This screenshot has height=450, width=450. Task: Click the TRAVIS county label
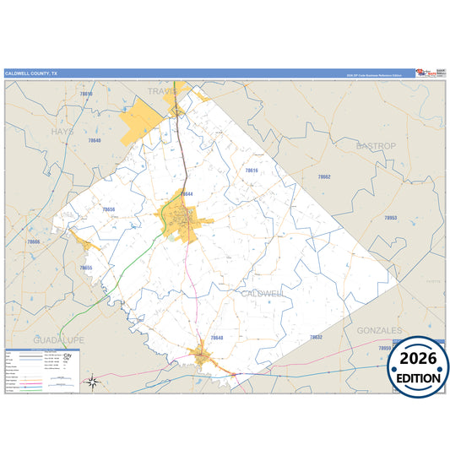tap(161, 90)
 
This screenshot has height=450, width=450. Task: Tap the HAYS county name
tap(62, 132)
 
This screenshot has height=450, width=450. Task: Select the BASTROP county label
tap(376, 146)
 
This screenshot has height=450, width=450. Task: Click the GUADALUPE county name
tap(58, 339)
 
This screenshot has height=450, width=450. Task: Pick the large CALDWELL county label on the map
tap(263, 293)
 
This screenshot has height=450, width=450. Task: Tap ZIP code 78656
tap(108, 209)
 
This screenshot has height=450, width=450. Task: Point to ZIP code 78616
tap(251, 171)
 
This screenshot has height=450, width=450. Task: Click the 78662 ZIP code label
tap(323, 176)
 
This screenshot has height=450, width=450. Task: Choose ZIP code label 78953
tap(390, 218)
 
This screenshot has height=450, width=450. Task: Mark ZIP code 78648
tap(217, 337)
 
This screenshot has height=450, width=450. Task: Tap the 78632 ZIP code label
tap(316, 337)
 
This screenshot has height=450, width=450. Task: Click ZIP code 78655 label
tap(85, 268)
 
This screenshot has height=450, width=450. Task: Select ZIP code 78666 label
tap(33, 241)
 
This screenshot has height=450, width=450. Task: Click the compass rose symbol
tap(93, 383)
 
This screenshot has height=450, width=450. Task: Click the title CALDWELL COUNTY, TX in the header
tap(32, 73)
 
